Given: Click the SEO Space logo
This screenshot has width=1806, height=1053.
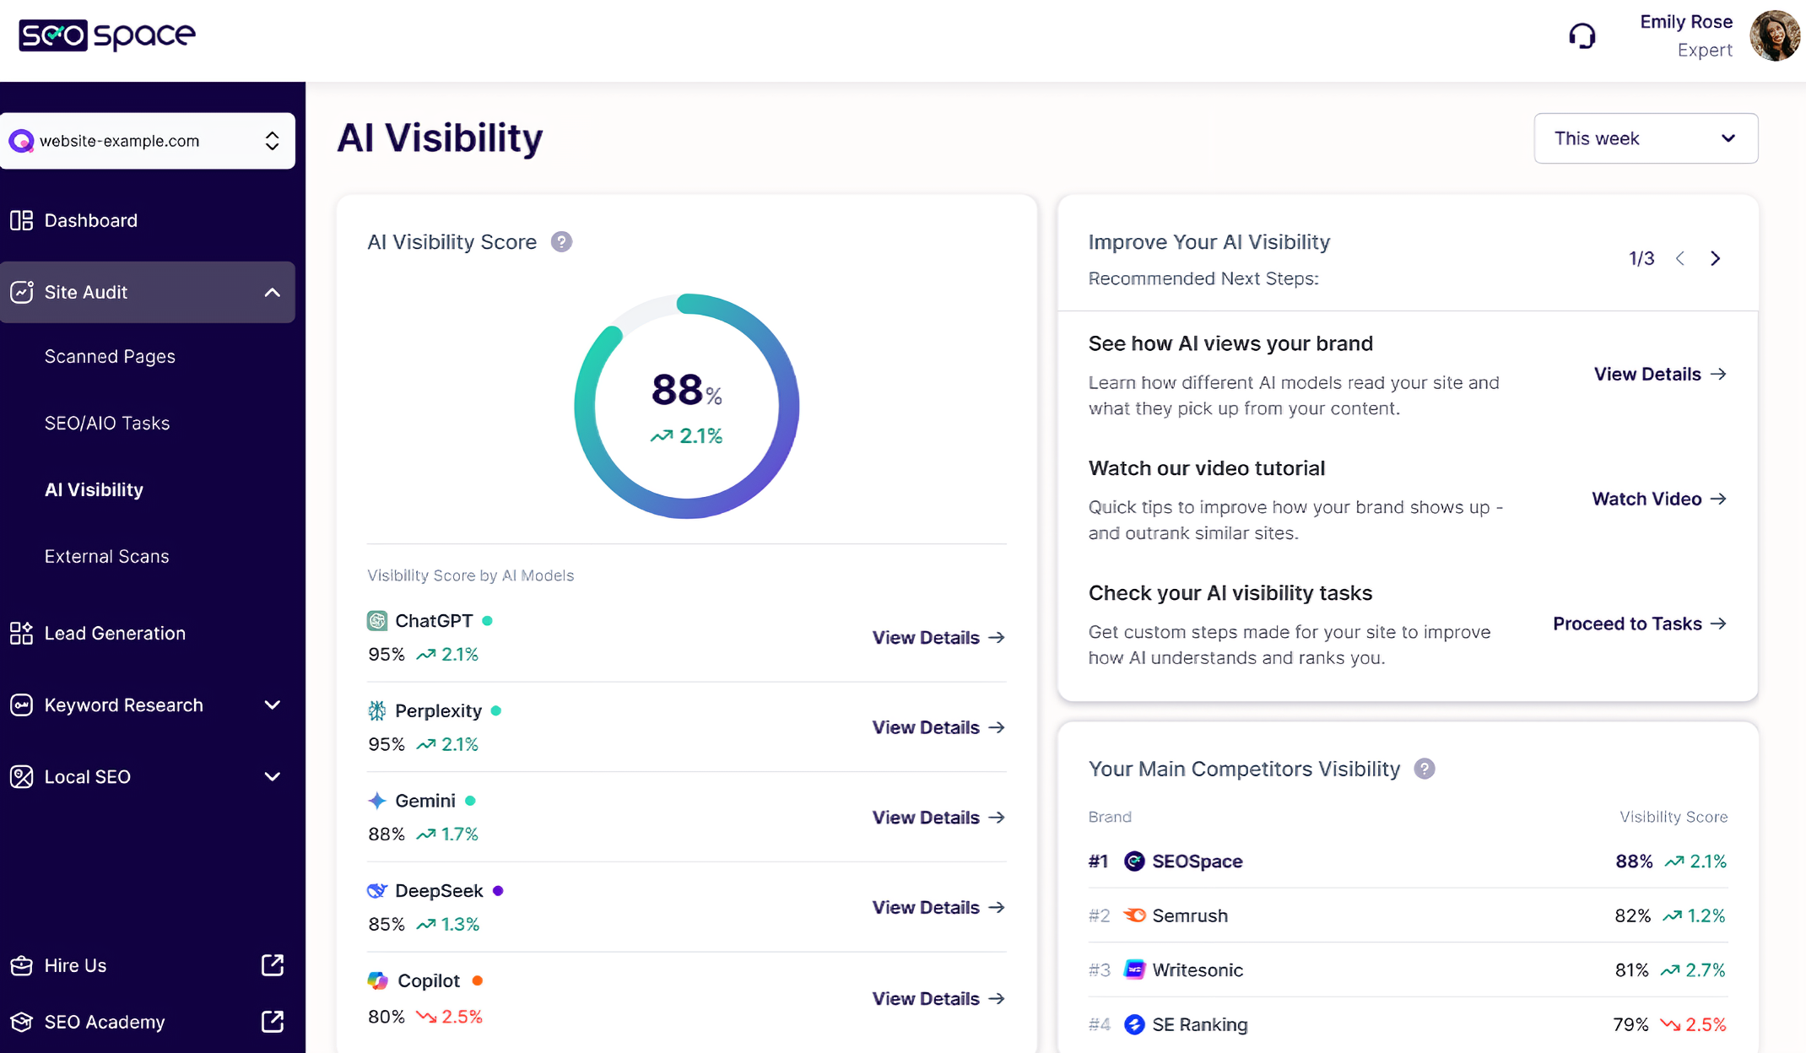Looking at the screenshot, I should pyautogui.click(x=107, y=35).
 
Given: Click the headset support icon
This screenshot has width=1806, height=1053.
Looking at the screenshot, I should pyautogui.click(x=1582, y=36).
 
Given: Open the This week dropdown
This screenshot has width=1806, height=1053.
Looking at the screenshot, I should pyautogui.click(x=1646, y=138).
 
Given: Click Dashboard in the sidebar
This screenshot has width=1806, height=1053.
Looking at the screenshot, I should pyautogui.click(x=90, y=220).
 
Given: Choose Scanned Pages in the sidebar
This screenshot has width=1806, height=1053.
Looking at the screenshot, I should pyautogui.click(x=110, y=356).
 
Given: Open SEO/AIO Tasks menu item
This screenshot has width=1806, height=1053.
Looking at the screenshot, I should pyautogui.click(x=107, y=423).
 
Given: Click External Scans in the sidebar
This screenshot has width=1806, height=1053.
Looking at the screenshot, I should pyautogui.click(x=106, y=556).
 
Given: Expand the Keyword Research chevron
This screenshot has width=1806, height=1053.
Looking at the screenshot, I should pyautogui.click(x=272, y=705).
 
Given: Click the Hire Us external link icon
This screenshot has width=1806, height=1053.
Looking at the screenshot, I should pyautogui.click(x=273, y=965).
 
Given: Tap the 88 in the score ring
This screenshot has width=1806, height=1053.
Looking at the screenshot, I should pyautogui.click(x=677, y=390).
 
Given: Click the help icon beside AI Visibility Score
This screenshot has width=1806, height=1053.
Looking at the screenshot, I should pyautogui.click(x=561, y=242).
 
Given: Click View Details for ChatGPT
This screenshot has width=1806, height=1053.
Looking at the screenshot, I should pyautogui.click(x=938, y=637).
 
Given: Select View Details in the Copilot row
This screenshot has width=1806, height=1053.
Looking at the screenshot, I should pyautogui.click(x=938, y=998).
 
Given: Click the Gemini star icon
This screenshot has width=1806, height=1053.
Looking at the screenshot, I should pyautogui.click(x=377, y=801).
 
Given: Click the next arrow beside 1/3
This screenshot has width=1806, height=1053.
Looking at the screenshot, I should pyautogui.click(x=1715, y=258).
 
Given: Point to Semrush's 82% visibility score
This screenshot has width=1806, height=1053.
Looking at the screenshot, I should pyautogui.click(x=1632, y=915).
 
